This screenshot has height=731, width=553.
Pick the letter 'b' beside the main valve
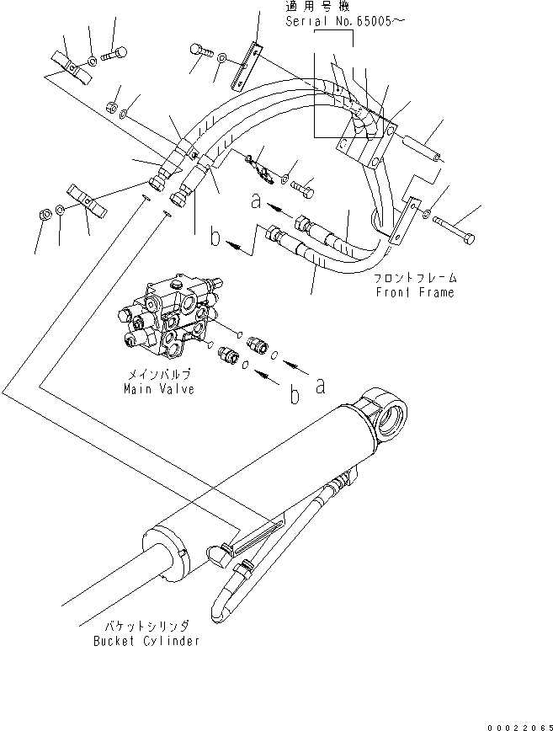(292, 394)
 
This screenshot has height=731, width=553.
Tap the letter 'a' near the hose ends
(253, 202)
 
